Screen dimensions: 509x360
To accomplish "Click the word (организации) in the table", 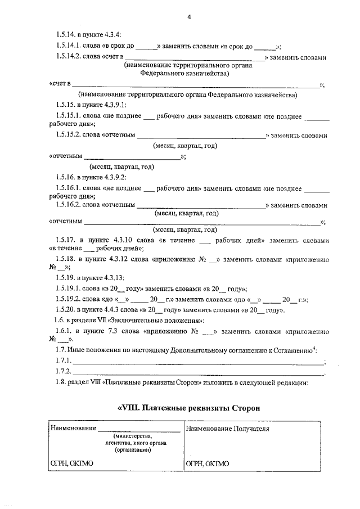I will click(x=132, y=450).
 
